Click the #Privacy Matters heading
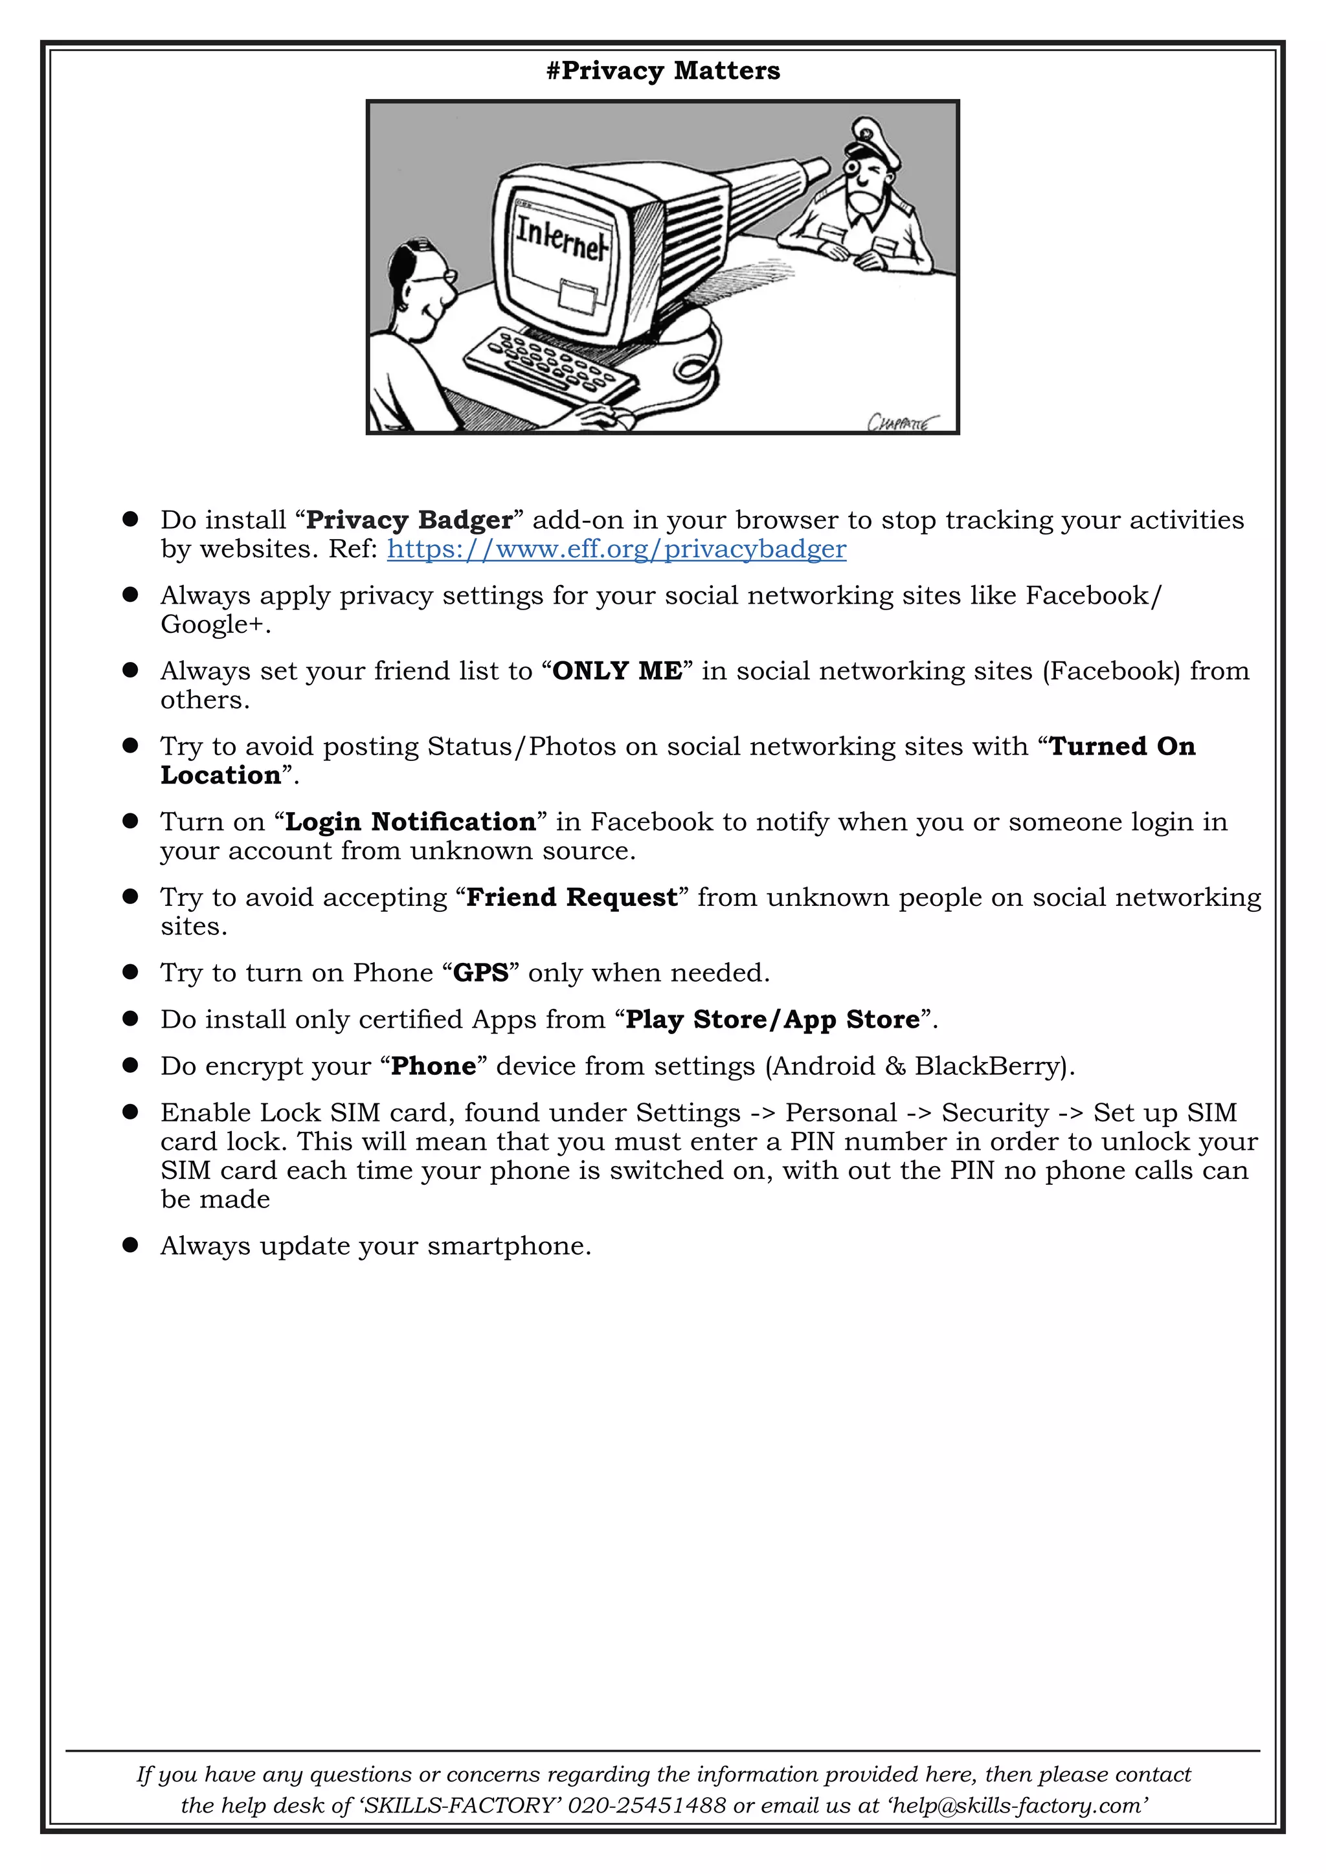pos(663,71)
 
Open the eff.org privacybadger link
pos(616,549)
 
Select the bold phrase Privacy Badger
pos(409,520)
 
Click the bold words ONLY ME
pos(617,671)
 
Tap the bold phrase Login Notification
pos(410,822)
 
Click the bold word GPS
pos(481,973)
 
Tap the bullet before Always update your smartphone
pos(130,1245)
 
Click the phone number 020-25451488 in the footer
pos(647,1805)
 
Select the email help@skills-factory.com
pos(1017,1805)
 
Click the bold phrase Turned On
pos(1122,747)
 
